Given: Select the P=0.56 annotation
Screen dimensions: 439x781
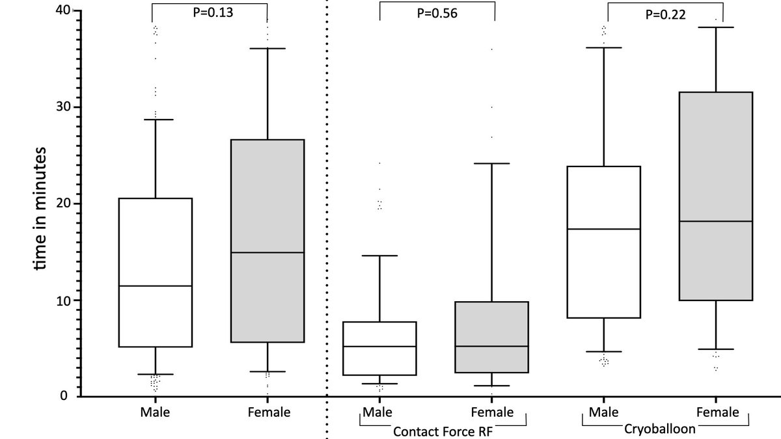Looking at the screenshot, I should pyautogui.click(x=437, y=14).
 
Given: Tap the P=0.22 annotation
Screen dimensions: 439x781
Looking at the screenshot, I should pyautogui.click(x=665, y=15).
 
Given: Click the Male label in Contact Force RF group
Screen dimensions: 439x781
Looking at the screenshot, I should pyautogui.click(x=378, y=412).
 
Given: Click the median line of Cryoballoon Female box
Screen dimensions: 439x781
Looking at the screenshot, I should pyautogui.click(x=716, y=222).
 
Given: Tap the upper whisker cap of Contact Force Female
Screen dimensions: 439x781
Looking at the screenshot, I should pyautogui.click(x=491, y=164).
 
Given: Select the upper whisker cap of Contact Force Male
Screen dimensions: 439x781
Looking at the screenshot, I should pyautogui.click(x=379, y=256).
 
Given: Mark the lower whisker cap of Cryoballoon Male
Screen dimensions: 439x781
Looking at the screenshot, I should pyautogui.click(x=604, y=352).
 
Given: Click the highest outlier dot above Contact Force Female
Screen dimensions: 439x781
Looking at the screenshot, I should pyautogui.click(x=491, y=49).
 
